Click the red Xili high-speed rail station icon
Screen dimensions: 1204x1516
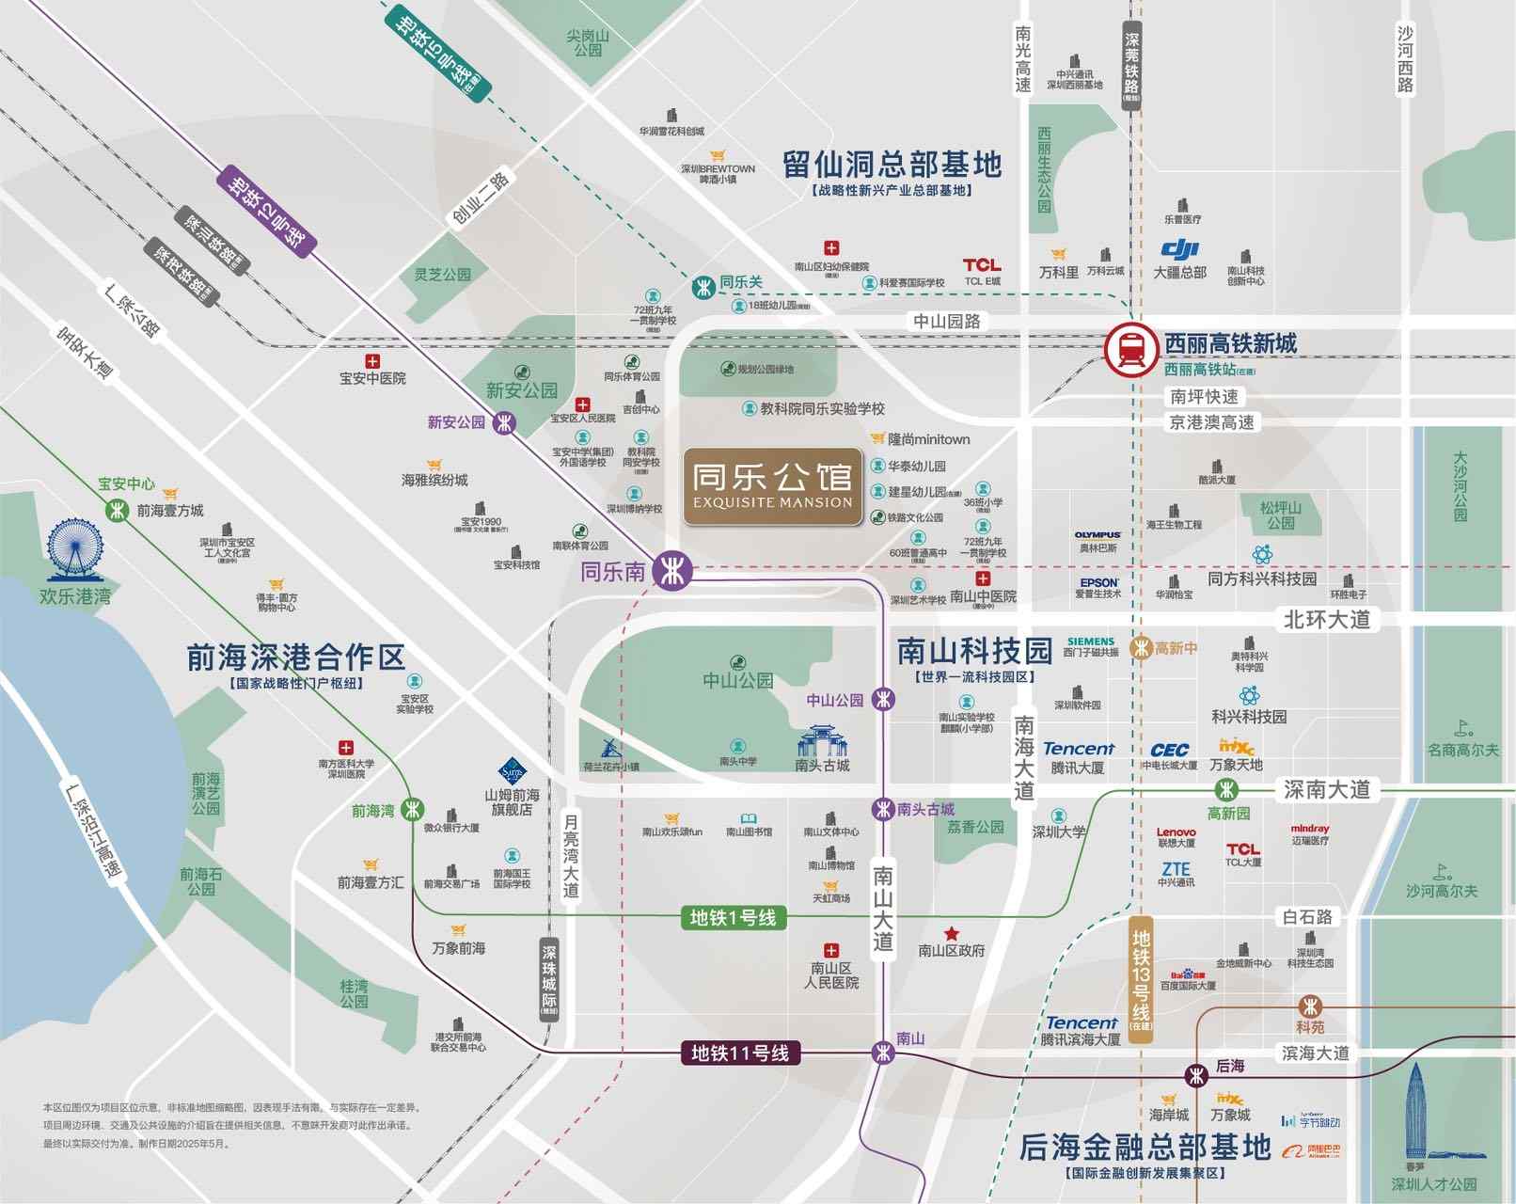click(x=1131, y=350)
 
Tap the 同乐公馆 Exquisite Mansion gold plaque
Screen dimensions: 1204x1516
click(x=773, y=486)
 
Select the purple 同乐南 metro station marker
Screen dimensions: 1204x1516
click(x=672, y=570)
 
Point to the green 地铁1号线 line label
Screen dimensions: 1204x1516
click(x=733, y=917)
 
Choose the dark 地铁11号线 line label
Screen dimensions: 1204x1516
click(x=739, y=1053)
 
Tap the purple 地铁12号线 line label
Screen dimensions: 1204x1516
click(x=267, y=212)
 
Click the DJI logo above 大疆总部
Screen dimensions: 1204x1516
click(x=1180, y=249)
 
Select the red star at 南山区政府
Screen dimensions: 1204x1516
click(x=952, y=933)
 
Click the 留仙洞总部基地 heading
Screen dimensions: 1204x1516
click(x=892, y=166)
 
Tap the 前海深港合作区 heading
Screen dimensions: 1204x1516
click(x=295, y=657)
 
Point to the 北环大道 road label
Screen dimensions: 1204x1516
click(x=1327, y=619)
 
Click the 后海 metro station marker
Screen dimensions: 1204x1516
click(x=1196, y=1074)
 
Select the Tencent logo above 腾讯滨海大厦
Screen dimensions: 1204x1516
click(x=1082, y=1022)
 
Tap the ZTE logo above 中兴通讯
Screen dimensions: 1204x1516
click(x=1176, y=869)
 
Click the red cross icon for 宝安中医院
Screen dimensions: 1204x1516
click(x=372, y=361)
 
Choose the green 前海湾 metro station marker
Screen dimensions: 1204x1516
click(x=412, y=809)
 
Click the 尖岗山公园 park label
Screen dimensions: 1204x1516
click(x=588, y=42)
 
